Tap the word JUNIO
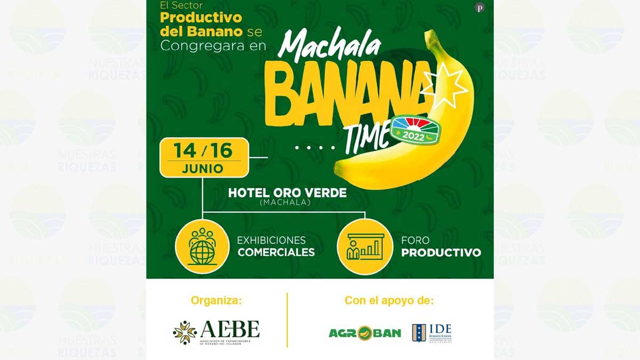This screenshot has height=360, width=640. [203, 169]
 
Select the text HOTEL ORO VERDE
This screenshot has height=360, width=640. [287, 193]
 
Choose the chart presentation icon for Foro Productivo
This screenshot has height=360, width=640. [365, 246]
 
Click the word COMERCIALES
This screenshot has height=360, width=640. [276, 252]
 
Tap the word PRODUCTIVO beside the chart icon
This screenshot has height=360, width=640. [441, 252]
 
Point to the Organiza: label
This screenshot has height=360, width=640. [216, 301]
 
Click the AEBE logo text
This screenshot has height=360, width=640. [230, 330]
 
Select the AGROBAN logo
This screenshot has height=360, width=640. [364, 333]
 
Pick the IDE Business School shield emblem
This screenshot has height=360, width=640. [419, 333]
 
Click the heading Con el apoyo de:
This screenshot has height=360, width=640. [389, 301]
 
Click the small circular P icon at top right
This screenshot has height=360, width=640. [479, 8]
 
